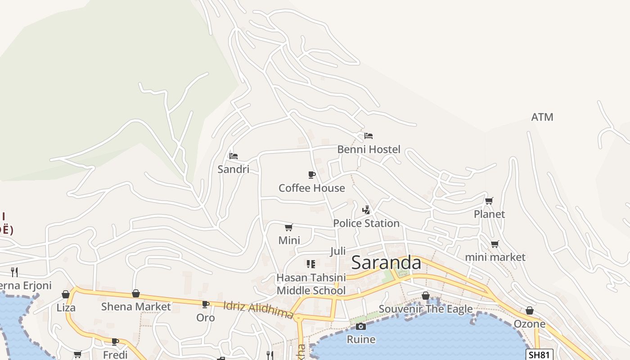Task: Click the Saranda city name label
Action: pos(386,262)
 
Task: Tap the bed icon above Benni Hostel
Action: pos(369,135)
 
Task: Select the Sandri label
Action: pos(233,169)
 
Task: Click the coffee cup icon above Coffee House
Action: pos(311,175)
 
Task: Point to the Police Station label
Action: pos(366,223)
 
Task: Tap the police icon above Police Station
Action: pos(366,210)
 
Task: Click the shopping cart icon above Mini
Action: pos(289,227)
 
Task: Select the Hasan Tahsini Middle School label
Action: pos(311,284)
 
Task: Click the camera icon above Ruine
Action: pos(361,326)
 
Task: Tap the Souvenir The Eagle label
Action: pos(426,309)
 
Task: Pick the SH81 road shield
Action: pos(539,355)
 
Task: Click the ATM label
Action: pos(542,117)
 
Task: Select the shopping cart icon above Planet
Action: pos(489,201)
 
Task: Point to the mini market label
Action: pos(495,257)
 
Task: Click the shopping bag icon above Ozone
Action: pos(530,310)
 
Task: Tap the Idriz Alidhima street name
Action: pos(259,310)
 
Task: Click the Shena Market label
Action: pos(136,307)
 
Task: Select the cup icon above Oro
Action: pos(206,305)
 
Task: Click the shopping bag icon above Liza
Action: pos(66,294)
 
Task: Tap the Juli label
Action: pos(338,251)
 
